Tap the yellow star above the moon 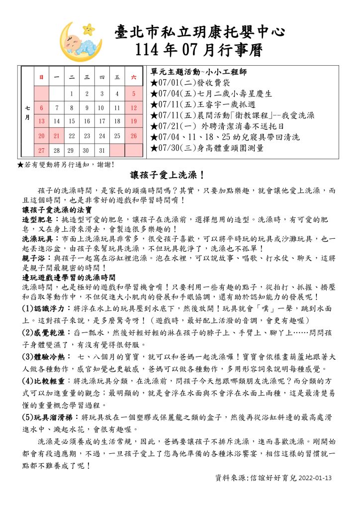(89, 28)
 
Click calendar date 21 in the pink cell (57, 135)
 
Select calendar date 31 (102, 150)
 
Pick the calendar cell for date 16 (87, 121)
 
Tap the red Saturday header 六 (133, 77)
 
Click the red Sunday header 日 (41, 77)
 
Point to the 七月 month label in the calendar (27, 113)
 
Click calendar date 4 (117, 93)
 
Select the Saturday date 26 (133, 135)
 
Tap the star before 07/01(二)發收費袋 (154, 82)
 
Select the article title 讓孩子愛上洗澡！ (168, 176)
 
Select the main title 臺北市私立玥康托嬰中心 (199, 32)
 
